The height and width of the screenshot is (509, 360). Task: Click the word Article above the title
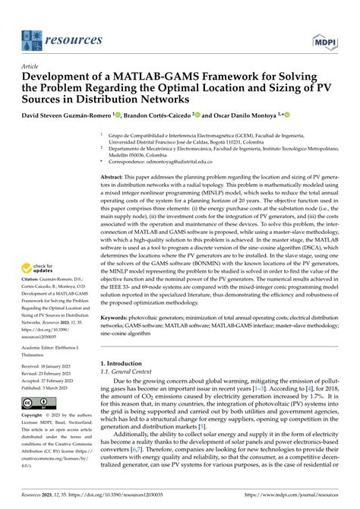(x=29, y=66)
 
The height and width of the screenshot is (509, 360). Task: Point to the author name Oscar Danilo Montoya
(x=247, y=115)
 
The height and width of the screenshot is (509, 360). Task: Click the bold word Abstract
(x=115, y=175)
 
